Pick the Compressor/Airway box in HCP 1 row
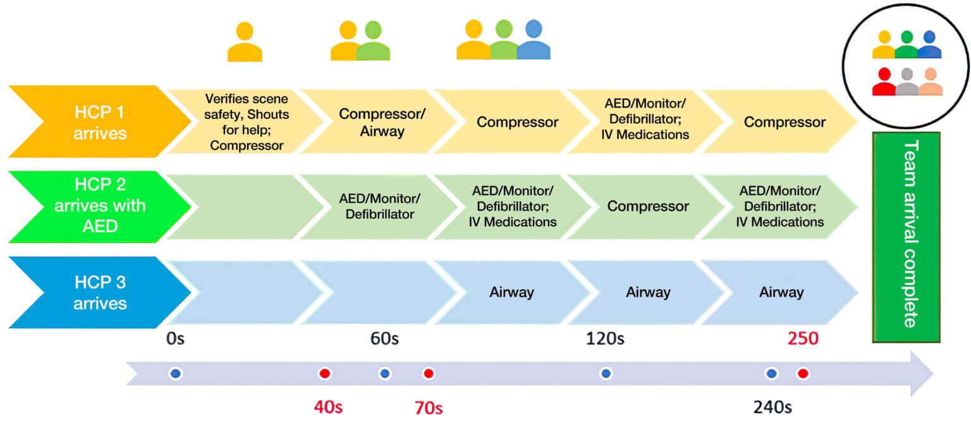point(381,121)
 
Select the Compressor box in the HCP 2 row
point(647,206)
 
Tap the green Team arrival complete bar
point(907,237)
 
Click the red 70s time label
point(428,407)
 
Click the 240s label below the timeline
point(772,406)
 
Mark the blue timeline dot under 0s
point(176,374)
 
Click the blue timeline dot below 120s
point(606,374)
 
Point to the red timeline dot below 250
point(803,374)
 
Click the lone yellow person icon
point(245,42)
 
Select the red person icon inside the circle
point(884,82)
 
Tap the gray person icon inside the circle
point(907,82)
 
